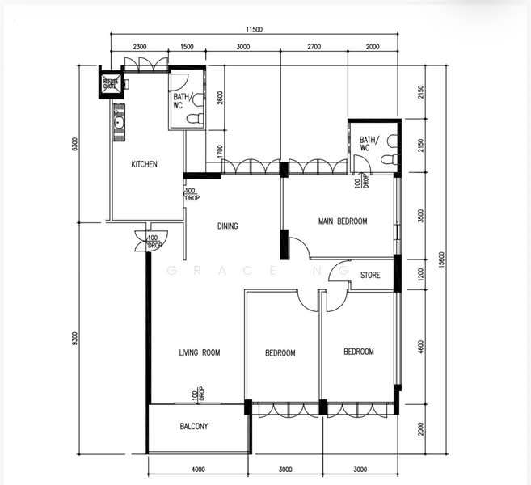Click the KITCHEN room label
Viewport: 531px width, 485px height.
pyautogui.click(x=145, y=164)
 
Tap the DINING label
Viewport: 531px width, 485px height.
pyautogui.click(x=228, y=226)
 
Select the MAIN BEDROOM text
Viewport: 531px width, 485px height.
pyautogui.click(x=343, y=221)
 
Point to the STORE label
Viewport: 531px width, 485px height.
pyautogui.click(x=370, y=276)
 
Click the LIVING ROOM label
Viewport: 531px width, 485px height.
pyautogui.click(x=200, y=352)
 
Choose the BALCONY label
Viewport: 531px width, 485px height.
pyautogui.click(x=194, y=427)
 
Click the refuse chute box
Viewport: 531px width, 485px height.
pyautogui.click(x=110, y=84)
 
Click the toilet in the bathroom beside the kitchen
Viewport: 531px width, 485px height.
pyautogui.click(x=194, y=119)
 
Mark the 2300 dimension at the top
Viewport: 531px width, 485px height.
pyautogui.click(x=139, y=48)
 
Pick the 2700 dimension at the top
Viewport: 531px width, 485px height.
pyautogui.click(x=314, y=48)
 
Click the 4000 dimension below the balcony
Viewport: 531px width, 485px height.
pyautogui.click(x=198, y=469)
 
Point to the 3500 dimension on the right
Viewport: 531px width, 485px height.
pyautogui.click(x=421, y=217)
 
